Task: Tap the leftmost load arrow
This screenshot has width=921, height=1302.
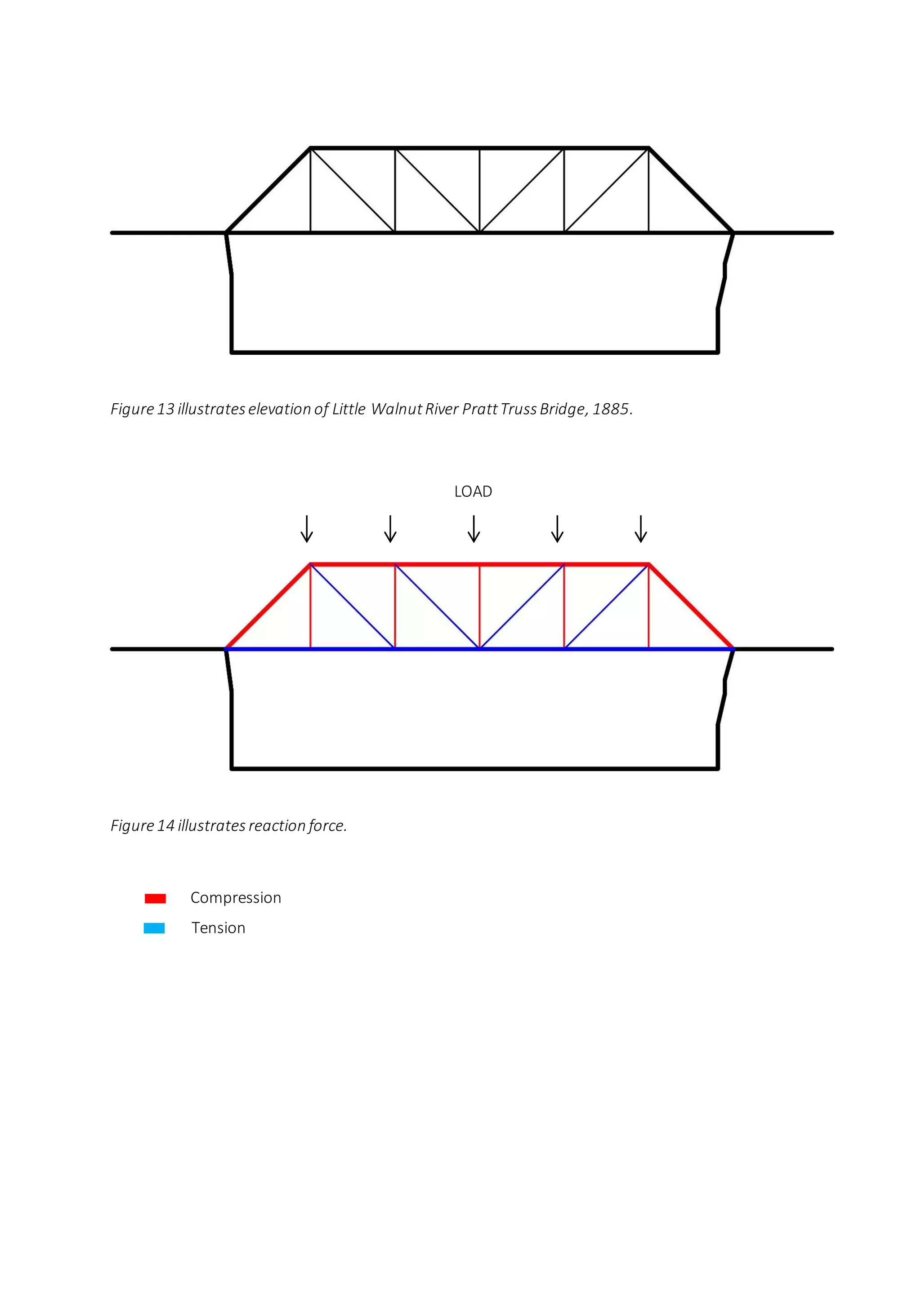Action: (x=307, y=529)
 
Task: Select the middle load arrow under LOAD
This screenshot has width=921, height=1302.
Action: (x=474, y=529)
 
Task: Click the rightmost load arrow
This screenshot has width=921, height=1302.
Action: (x=641, y=529)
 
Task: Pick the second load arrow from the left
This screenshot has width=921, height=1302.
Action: (x=390, y=529)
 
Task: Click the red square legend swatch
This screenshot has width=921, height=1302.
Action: (x=155, y=898)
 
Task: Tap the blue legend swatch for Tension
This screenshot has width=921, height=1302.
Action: (x=154, y=928)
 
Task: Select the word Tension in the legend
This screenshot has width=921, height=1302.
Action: (x=219, y=928)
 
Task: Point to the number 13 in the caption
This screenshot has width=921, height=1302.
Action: (x=165, y=409)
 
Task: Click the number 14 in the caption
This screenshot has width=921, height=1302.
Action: (x=165, y=825)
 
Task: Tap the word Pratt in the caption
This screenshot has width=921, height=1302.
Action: (x=479, y=409)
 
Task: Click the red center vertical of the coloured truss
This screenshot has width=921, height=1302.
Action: (x=480, y=606)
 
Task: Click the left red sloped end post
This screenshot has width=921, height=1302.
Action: (x=268, y=606)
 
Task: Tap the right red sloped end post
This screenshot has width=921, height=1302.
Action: (x=691, y=606)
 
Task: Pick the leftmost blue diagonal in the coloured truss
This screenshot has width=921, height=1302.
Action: (x=352, y=606)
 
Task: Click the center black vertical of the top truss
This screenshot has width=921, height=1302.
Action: (x=480, y=190)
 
